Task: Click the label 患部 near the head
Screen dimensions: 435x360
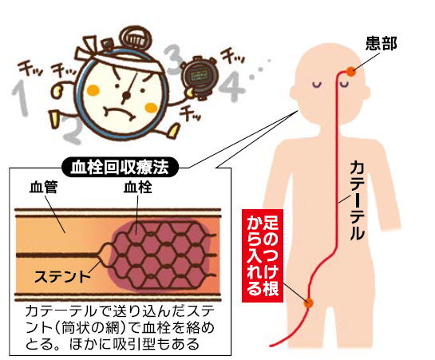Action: click(x=381, y=44)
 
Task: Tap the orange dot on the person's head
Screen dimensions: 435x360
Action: click(x=351, y=72)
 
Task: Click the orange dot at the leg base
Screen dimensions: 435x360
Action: click(x=309, y=303)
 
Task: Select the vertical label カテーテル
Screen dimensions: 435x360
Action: click(x=357, y=200)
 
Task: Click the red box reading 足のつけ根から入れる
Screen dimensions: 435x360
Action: click(x=263, y=255)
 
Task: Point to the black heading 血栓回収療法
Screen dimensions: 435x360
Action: click(x=120, y=168)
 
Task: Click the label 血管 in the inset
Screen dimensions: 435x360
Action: click(x=44, y=187)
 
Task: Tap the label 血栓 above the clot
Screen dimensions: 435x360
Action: click(x=138, y=187)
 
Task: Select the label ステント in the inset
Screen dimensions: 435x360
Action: click(x=62, y=276)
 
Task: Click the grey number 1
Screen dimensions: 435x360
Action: click(x=21, y=97)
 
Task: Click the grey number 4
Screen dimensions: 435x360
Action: click(x=232, y=86)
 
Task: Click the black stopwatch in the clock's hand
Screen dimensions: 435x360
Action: click(x=199, y=75)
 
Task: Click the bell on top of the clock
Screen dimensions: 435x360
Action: click(x=136, y=39)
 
